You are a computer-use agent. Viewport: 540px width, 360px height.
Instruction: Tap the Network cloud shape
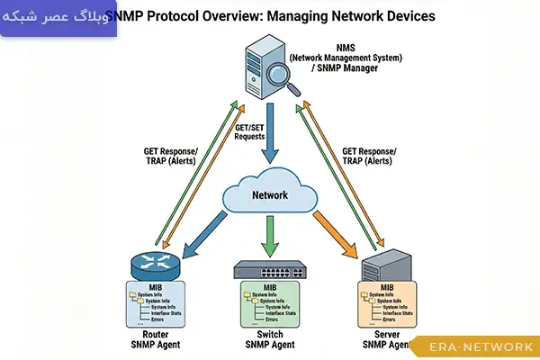point(270,194)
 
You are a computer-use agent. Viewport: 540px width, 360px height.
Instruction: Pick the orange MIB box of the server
point(387,304)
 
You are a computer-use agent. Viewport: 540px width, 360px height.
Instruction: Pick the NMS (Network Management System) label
point(346,55)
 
